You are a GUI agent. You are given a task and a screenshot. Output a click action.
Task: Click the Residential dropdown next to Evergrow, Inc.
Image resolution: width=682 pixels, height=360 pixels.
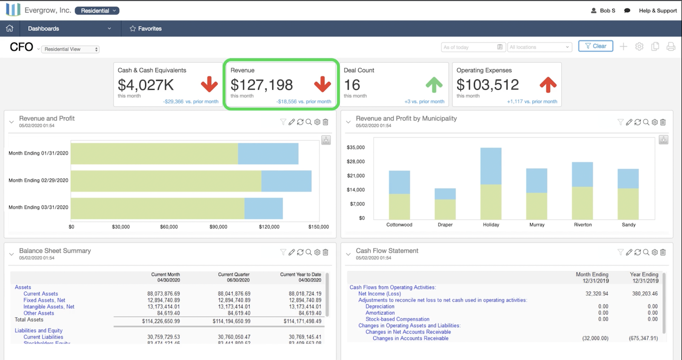[97, 11]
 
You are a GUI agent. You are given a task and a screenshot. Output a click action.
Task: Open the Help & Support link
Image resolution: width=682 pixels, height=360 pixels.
[658, 11]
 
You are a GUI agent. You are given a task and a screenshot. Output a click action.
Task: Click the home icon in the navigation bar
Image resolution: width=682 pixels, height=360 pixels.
[9, 28]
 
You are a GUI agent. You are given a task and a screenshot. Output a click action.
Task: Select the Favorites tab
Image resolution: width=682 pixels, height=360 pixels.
[145, 29]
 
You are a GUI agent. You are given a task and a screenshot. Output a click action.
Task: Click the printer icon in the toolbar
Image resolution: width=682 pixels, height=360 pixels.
[671, 47]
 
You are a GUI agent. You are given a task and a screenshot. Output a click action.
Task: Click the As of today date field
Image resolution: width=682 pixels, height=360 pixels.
[473, 47]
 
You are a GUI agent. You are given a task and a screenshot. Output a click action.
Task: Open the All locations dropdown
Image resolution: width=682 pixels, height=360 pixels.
[539, 47]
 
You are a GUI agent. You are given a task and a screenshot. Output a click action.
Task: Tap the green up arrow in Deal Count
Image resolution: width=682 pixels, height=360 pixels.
[434, 85]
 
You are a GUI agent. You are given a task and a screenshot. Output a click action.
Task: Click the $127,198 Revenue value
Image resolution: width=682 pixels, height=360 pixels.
[262, 85]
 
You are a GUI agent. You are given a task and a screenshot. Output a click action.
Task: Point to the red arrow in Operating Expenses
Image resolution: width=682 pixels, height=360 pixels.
[548, 85]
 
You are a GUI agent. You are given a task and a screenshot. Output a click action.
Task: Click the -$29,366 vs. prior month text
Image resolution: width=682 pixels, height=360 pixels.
[190, 102]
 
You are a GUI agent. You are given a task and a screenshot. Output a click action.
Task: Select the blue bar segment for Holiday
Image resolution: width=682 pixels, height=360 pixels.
[491, 166]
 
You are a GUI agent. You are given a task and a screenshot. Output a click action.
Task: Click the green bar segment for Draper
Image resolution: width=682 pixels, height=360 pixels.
[445, 209]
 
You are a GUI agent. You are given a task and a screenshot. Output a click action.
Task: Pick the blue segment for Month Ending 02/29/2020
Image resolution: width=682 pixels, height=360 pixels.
[286, 181]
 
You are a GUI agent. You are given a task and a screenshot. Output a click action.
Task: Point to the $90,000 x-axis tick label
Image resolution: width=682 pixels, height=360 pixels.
[218, 227]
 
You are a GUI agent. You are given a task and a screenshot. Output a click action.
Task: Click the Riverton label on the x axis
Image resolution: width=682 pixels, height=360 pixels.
[583, 225]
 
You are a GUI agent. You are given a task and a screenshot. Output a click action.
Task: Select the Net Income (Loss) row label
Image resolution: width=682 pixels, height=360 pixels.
[379, 294]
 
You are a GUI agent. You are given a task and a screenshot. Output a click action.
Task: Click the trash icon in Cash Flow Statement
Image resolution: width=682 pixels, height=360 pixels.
[663, 252]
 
